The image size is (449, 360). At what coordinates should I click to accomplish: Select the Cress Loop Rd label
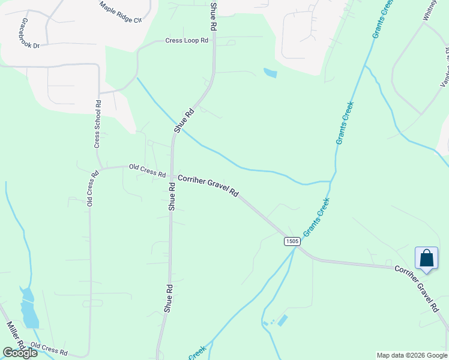187,41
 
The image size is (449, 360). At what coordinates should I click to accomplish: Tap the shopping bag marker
426,258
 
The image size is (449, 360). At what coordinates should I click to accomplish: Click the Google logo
20,353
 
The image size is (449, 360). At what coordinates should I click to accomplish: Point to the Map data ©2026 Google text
411,355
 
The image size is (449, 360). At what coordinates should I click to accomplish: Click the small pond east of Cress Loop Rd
270,73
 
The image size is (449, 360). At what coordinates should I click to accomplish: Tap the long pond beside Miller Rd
28,308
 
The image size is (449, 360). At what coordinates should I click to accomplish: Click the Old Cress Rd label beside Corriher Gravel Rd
147,171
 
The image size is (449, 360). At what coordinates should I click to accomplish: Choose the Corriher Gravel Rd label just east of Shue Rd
208,186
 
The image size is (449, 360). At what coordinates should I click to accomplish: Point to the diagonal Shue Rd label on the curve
184,120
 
